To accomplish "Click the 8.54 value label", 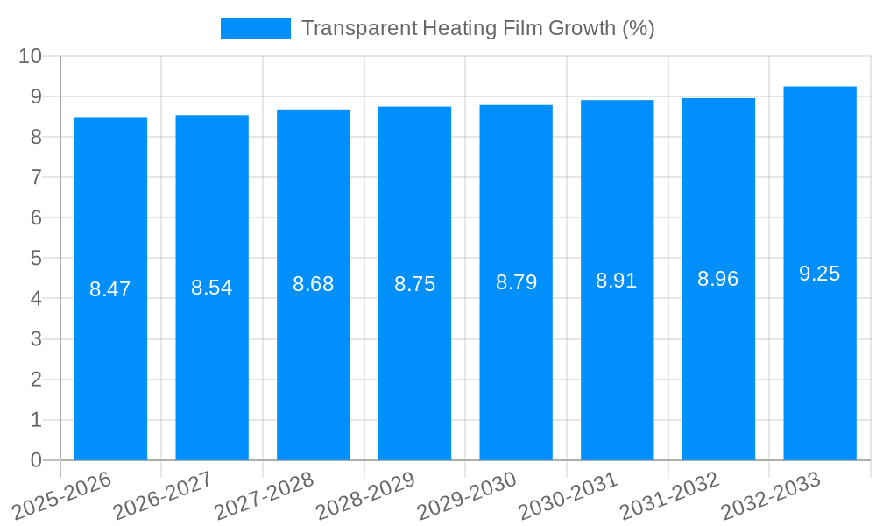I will pos(212,288).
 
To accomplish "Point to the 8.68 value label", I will pos(313,284).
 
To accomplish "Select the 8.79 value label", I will pos(516,282).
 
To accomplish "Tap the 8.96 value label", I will pos(718,279).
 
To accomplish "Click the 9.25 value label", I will pos(820,274).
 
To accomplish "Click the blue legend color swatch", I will pos(255,28).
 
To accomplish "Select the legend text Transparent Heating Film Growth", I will pos(477,28).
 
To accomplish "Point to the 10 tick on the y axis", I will pos(31,56).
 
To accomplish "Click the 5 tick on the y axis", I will pos(37,259).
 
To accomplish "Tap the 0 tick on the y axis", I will pos(37,460).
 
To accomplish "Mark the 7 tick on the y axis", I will pos(37,178).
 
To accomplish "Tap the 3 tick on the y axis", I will pos(37,339).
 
